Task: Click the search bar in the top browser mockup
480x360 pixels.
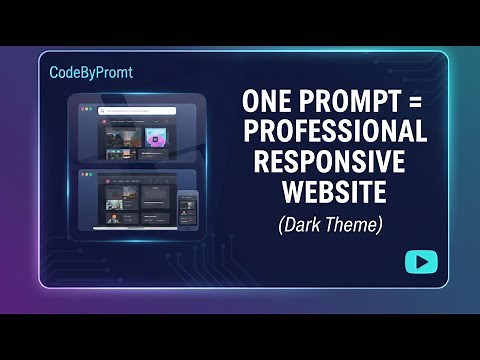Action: pyautogui.click(x=140, y=111)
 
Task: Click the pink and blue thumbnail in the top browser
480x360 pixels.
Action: pyautogui.click(x=156, y=138)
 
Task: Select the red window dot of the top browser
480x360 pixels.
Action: pyautogui.click(x=83, y=110)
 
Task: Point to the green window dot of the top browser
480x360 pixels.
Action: pyautogui.click(x=93, y=110)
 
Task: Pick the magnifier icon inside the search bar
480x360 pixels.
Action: pyautogui.click(x=103, y=111)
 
